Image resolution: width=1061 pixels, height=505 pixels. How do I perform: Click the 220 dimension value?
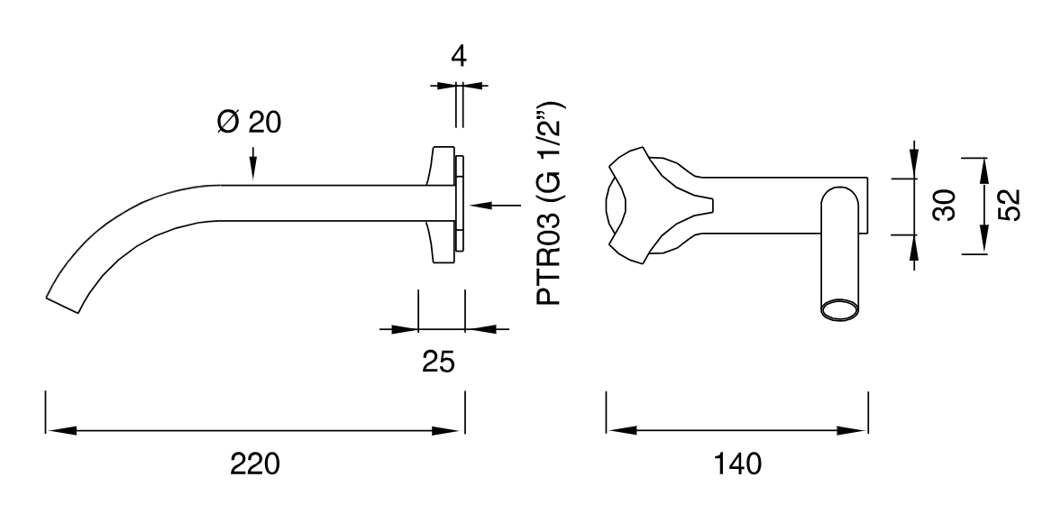coord(255,464)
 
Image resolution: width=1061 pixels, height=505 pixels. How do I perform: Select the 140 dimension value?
coord(736,464)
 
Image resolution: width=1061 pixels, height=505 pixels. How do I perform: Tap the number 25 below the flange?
coord(438,363)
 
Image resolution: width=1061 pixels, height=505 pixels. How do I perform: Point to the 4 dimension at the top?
coord(459,56)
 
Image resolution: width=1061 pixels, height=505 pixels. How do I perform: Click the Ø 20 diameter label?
coord(248,123)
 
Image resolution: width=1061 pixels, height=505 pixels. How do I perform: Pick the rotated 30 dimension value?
coord(945,205)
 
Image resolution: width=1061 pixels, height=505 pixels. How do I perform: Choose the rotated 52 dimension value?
coord(1008,205)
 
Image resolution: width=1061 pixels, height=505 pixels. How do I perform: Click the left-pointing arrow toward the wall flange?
coord(495,205)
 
